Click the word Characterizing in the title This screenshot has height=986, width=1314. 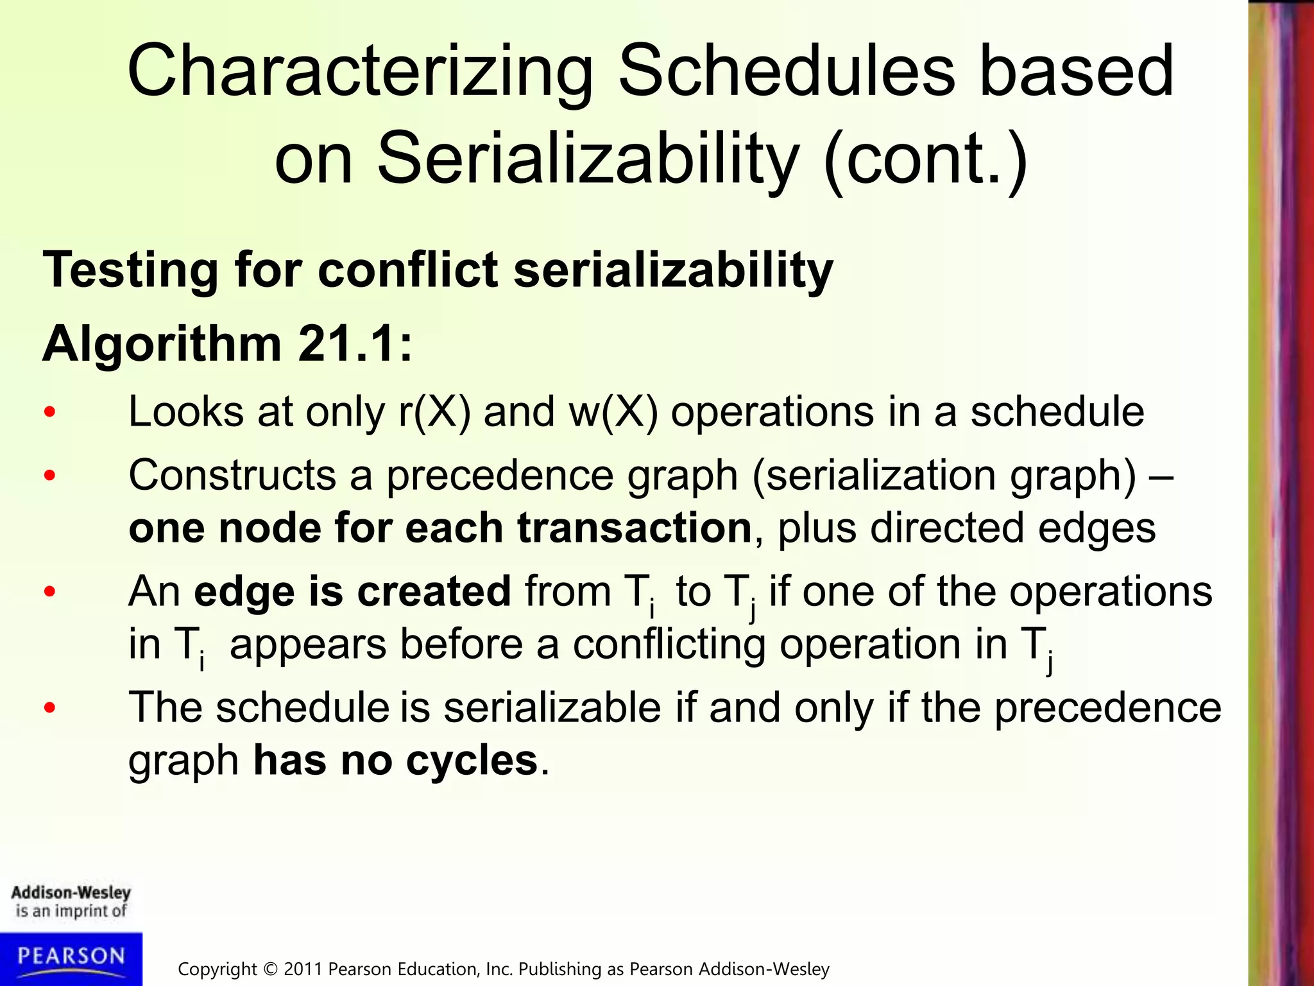point(360,71)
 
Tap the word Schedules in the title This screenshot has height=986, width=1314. point(786,71)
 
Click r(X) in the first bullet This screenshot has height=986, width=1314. point(434,411)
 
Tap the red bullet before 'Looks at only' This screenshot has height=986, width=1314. point(50,413)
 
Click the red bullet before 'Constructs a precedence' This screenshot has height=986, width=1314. point(50,476)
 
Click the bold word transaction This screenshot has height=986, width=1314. point(634,528)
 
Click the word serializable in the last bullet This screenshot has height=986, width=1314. point(552,708)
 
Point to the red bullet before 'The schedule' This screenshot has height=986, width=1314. point(50,708)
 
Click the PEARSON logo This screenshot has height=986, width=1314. point(71,957)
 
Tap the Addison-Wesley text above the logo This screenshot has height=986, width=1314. point(71,893)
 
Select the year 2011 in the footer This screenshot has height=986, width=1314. point(303,969)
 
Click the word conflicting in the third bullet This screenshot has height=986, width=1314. point(669,645)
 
